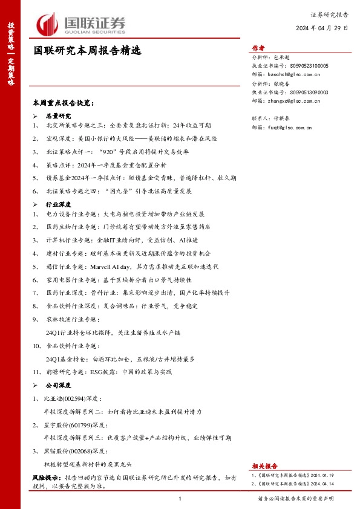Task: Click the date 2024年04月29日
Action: pos(322,28)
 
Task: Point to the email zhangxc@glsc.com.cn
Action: pos(297,101)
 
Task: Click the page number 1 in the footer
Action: pos(180,499)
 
